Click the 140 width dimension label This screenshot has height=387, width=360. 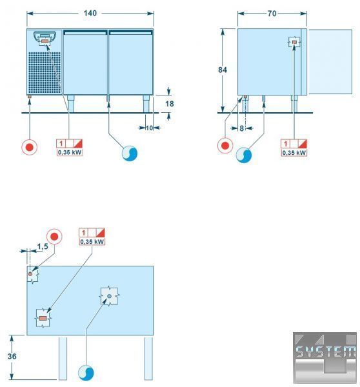coord(90,13)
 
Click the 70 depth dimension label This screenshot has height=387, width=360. coord(272,14)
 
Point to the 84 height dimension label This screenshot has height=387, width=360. coord(222,70)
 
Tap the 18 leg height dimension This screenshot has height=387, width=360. coord(170,104)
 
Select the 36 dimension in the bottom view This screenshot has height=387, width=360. coord(12,357)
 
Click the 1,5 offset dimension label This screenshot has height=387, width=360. coord(43,246)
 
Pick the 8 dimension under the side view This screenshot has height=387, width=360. coord(242,128)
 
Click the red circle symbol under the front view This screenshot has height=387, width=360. coord(30,147)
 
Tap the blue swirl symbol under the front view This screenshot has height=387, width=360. coord(130,153)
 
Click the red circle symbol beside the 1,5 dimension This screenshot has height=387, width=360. coord(54,237)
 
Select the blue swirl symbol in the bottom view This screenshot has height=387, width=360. coord(86,373)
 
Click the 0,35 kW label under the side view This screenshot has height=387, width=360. coord(294,153)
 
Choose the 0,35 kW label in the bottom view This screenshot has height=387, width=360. coord(92,242)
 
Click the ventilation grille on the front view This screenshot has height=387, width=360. coord(45,72)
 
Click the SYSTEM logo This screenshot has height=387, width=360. coord(325,357)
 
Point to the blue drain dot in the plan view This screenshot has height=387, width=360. coord(110,296)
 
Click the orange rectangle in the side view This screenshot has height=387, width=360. coord(294,43)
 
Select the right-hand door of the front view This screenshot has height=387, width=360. coord(130,62)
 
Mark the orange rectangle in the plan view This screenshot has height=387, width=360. coord(43,319)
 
